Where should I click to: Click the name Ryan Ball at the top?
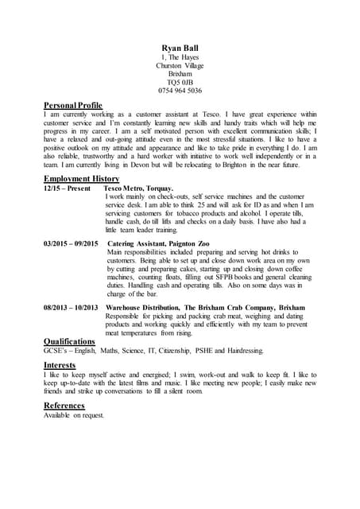[x=180, y=49]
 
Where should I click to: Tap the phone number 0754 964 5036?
[x=180, y=91]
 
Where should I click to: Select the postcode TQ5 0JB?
[x=180, y=80]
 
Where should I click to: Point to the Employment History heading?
[x=81, y=179]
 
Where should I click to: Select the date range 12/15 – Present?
[x=68, y=188]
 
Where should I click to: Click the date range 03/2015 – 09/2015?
[x=71, y=242]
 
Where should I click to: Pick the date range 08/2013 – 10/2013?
[x=71, y=305]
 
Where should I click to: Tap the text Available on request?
[x=74, y=414]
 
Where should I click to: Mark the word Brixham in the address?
[x=180, y=73]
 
